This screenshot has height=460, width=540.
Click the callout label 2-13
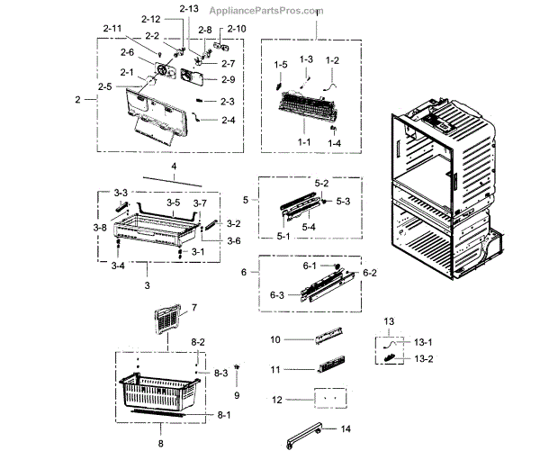click(189, 8)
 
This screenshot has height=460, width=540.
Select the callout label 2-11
click(112, 30)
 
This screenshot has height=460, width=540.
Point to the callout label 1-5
click(281, 65)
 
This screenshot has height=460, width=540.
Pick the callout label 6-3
click(277, 295)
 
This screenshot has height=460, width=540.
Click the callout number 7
click(192, 308)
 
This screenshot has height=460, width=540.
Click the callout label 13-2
click(423, 358)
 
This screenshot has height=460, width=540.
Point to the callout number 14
click(346, 429)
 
